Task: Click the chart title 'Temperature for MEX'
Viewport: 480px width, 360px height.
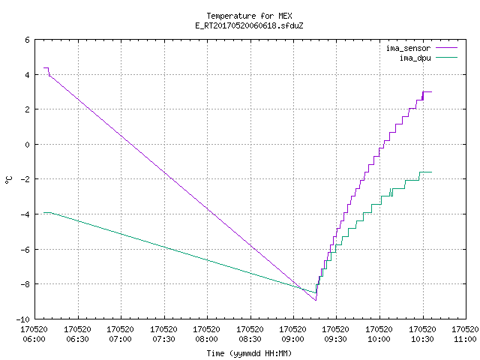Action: pos(249,16)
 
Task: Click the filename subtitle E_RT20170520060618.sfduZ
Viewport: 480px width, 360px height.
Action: pos(249,25)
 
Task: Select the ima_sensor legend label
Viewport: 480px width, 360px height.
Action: pos(408,48)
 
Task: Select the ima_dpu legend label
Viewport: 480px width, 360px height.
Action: pos(415,58)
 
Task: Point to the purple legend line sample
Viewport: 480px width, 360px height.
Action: pos(447,48)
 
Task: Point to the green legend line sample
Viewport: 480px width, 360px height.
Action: pos(447,57)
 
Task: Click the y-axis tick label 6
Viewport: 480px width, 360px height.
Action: pos(28,40)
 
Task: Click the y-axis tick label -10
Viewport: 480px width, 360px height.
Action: pos(23,319)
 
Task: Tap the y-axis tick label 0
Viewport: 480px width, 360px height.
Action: pos(28,145)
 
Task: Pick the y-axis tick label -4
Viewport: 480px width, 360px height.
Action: pos(25,214)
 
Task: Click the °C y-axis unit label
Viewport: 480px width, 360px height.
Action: pos(8,180)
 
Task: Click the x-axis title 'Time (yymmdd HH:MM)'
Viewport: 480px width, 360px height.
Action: pos(249,353)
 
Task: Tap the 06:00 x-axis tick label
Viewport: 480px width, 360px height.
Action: pos(34,339)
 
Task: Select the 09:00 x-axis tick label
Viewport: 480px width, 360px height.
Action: pos(293,339)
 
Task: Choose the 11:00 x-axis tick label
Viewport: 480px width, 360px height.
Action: pos(465,339)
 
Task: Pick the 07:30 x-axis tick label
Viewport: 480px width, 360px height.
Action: pos(163,339)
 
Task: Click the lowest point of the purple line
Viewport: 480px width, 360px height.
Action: pos(316,300)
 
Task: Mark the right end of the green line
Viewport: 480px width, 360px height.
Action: pos(432,172)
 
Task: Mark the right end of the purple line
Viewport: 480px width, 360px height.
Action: pos(432,91)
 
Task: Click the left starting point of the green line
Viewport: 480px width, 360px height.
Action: pos(43,212)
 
